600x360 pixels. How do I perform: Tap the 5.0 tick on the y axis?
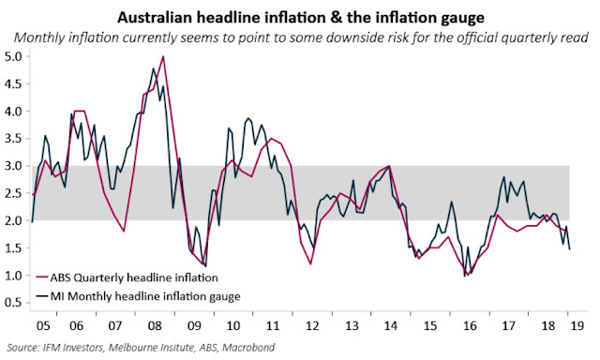(13, 57)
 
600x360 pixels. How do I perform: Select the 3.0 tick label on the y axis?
(13, 166)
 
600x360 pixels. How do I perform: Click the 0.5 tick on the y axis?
(13, 303)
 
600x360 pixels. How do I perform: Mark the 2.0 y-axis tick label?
(13, 221)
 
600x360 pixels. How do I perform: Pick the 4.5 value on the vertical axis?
(13, 84)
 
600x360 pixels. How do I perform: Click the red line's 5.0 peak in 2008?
(163, 57)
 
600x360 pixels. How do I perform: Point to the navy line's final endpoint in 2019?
(571, 249)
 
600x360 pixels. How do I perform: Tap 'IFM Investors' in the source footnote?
(66, 347)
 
